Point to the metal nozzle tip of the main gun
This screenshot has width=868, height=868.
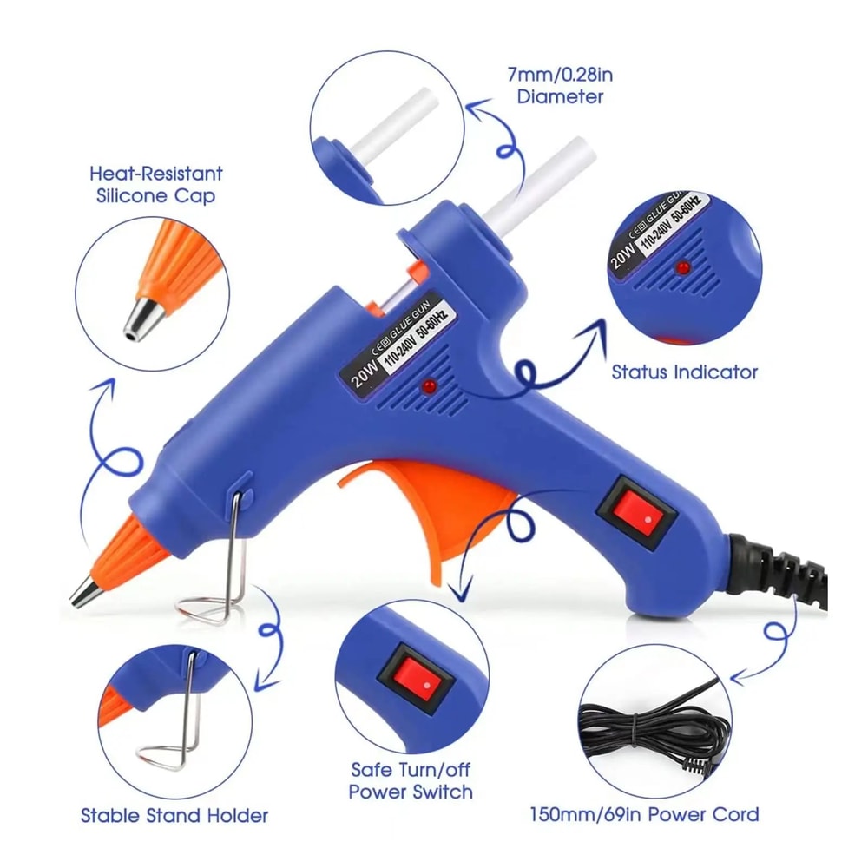(84, 594)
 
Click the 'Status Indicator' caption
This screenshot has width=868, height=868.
(684, 372)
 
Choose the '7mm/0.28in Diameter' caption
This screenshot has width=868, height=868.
(559, 85)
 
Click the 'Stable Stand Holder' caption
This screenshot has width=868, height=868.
(174, 815)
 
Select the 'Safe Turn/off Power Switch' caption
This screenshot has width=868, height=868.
(411, 780)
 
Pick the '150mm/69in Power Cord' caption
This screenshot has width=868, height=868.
(644, 814)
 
